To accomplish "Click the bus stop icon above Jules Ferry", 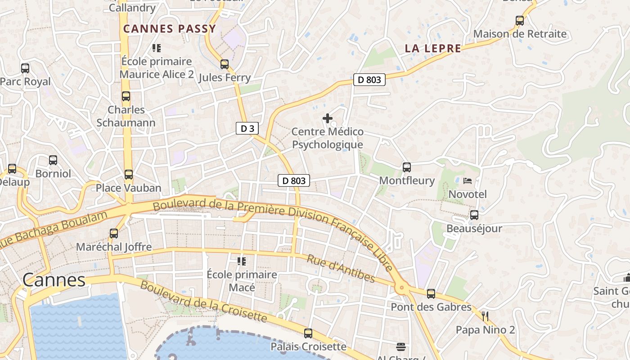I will coord(225,64).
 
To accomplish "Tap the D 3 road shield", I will coord(247,128).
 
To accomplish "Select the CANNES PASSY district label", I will coord(170,29).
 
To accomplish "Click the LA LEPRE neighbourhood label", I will coord(433,49).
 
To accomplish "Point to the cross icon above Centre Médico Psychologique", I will coord(328,118).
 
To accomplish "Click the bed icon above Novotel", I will coord(468,181).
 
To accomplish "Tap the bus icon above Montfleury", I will coord(407,167).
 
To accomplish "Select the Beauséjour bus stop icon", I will coord(474,215).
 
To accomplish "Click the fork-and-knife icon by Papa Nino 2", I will coord(485,316).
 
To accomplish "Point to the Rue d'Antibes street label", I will coord(341,269).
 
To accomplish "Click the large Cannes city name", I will coord(54,280).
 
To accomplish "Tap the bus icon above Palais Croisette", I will coord(308,333).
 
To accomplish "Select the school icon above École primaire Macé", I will coord(242,261).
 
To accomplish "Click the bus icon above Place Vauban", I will coord(129,175).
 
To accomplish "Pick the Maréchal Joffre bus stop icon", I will coord(114,234).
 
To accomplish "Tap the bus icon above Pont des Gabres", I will coord(431,294).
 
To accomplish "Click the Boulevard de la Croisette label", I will coord(203,301).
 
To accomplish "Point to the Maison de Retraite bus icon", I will coord(520,21).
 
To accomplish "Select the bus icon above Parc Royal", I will coord(25,68).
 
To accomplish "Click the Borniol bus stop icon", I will coord(53,160).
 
